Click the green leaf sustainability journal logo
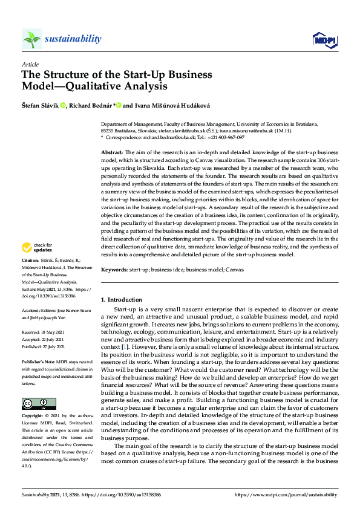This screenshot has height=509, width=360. point(32,39)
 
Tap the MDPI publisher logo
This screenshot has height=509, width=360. point(324,40)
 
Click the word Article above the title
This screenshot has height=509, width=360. point(30,64)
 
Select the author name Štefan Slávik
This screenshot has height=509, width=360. point(42,105)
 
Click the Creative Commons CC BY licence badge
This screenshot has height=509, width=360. point(39,403)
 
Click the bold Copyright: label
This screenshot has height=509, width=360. point(34,417)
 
